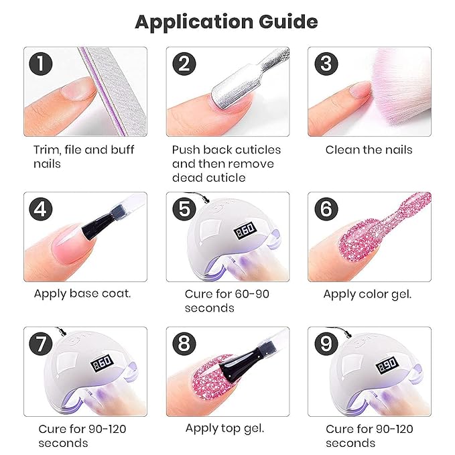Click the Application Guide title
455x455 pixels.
tap(226, 21)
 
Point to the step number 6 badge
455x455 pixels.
tap(326, 210)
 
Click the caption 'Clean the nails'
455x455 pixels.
tap(369, 149)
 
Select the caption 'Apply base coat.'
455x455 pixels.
tap(82, 294)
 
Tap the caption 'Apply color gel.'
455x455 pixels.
tap(367, 294)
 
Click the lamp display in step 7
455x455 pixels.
tap(102, 366)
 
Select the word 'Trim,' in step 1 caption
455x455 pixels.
tap(47, 149)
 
